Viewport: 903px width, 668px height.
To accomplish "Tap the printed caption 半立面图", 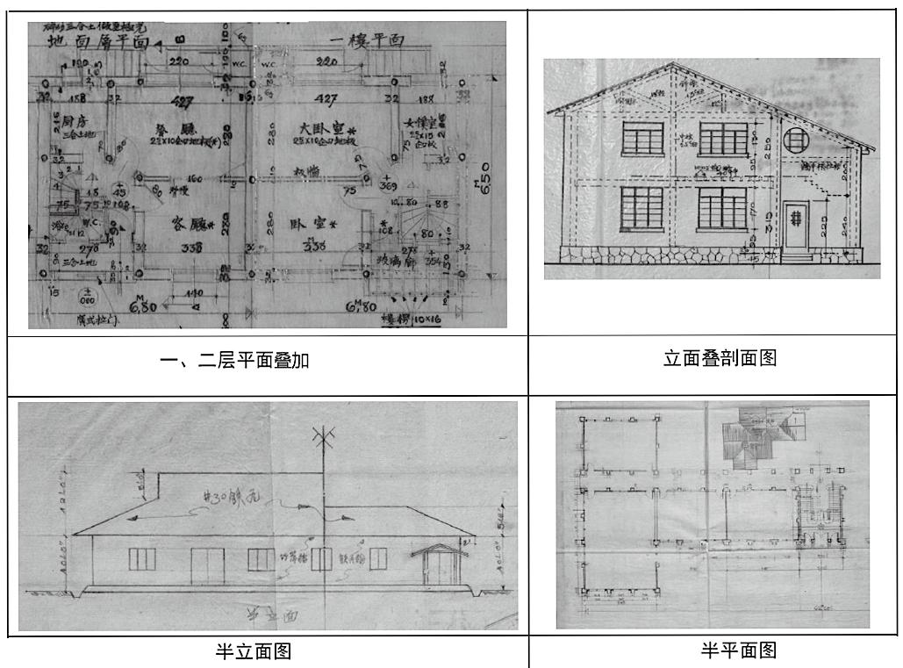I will (x=254, y=651).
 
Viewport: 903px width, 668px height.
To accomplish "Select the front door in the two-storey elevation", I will (x=796, y=224).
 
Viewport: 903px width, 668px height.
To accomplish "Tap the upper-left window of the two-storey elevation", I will (x=644, y=138).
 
